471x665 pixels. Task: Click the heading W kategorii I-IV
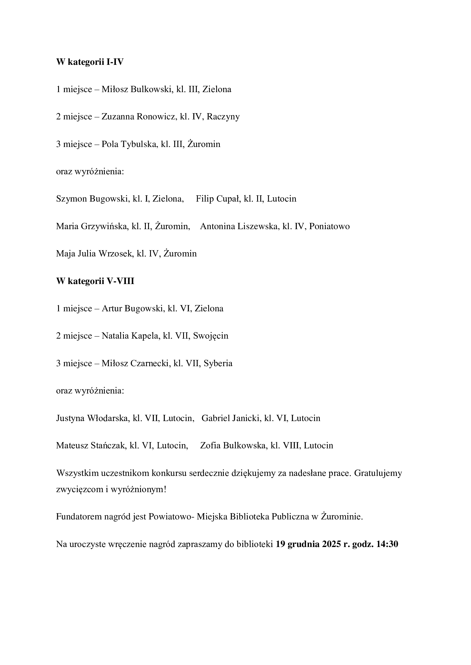point(90,62)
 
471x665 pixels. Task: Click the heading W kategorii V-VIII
point(95,281)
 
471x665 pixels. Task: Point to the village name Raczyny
point(223,117)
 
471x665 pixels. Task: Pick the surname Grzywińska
point(105,227)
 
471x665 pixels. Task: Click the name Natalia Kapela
point(130,336)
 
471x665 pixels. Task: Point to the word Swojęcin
point(210,336)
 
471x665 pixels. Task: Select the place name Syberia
point(218,364)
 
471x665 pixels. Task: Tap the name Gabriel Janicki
point(232,418)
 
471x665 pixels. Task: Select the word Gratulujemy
point(378,473)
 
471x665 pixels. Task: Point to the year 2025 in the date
point(331,544)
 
